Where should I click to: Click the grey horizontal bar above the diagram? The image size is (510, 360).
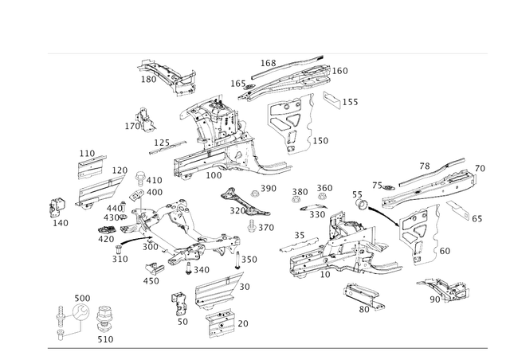(267, 53)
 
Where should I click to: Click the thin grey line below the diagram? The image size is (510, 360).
(267, 347)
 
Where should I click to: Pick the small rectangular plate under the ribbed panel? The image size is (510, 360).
(221, 322)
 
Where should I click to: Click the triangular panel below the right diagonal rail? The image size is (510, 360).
(421, 231)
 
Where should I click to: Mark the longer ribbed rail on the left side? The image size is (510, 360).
(100, 191)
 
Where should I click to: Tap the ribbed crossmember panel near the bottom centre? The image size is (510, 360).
(215, 288)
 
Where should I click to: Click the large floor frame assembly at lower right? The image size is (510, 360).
(335, 247)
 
